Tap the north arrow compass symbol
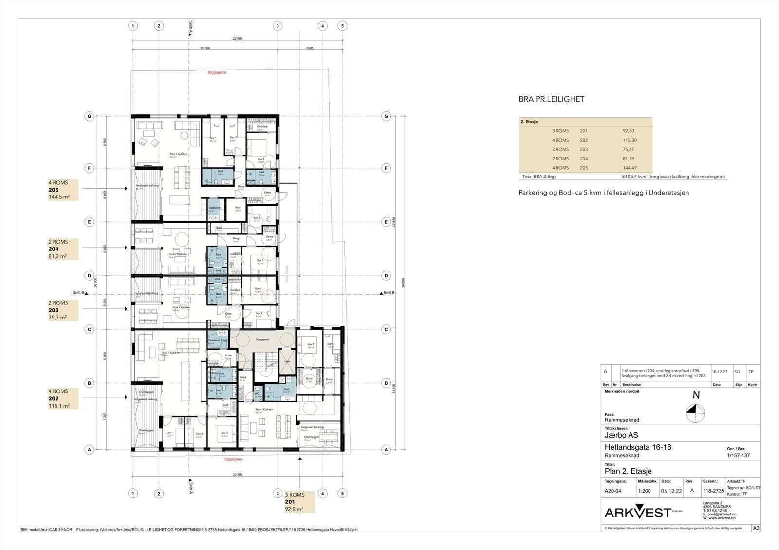pyautogui.click(x=692, y=415)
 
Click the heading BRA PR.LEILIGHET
pyautogui.click(x=551, y=99)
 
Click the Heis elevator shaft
pyautogui.click(x=287, y=361)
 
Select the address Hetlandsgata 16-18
pyautogui.click(x=637, y=447)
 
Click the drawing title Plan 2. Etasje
pyautogui.click(x=628, y=471)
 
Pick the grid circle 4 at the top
pyautogui.click(x=322, y=26)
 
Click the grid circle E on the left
pyautogui.click(x=89, y=222)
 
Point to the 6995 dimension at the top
pyautogui.click(x=310, y=48)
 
